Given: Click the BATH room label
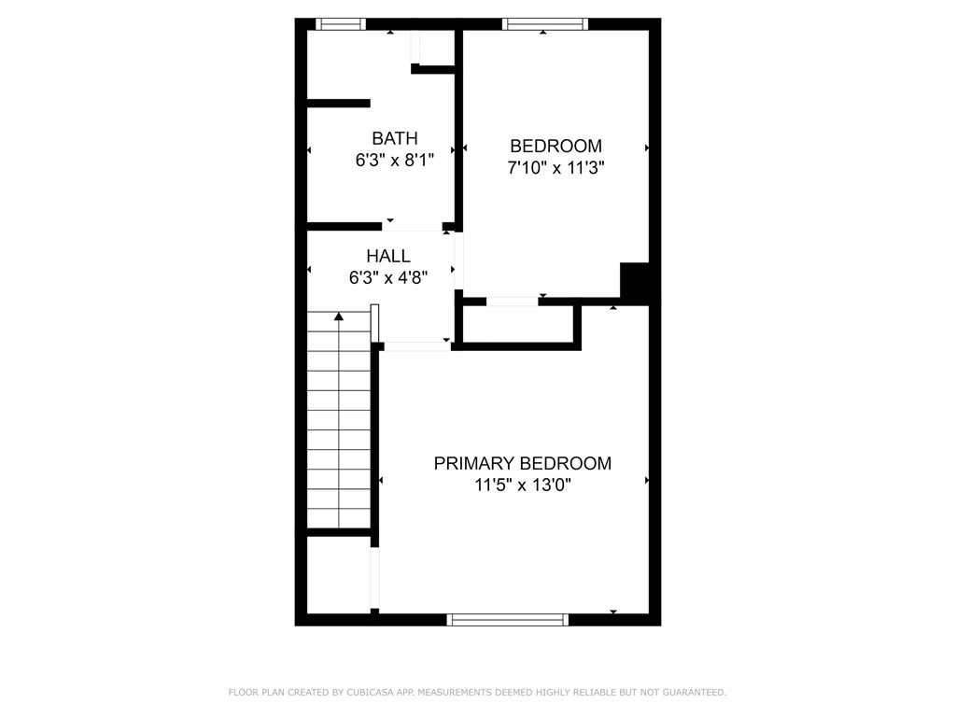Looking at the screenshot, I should coord(395,138).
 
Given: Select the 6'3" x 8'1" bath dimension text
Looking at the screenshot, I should coord(395,161).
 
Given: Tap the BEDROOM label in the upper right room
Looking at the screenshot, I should coord(555,146).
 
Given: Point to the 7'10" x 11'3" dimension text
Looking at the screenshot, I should coord(555,169).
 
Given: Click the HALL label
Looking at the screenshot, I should coord(387,256).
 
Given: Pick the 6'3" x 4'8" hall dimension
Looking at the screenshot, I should coord(387,277).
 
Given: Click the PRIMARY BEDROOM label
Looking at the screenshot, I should coord(523,463).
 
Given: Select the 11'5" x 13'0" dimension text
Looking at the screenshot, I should coord(523,485).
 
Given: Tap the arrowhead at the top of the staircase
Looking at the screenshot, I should coord(339,317).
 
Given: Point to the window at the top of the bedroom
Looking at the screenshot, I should coord(544,24).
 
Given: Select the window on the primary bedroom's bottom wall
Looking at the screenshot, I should coord(508,619).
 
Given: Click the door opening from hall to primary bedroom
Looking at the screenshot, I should coord(416,346).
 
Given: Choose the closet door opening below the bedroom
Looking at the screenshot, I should coord(512,302).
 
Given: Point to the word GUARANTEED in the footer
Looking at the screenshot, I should coord(692,693).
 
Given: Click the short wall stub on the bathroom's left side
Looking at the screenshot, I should coord(338,104).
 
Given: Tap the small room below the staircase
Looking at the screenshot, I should coord(338,574).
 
